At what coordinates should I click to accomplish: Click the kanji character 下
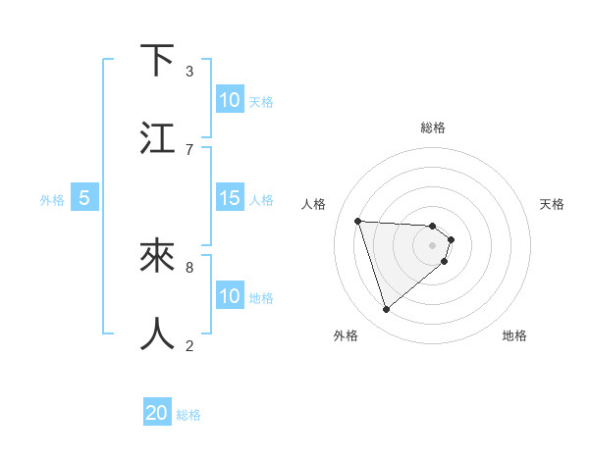coord(158,61)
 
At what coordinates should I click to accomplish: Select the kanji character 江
coord(158,138)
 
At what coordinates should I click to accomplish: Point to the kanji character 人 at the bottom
coord(158,333)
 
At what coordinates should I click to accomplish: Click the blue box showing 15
coord(230,198)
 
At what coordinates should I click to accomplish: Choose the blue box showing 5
coord(84,198)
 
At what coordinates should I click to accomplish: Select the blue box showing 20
coord(157,413)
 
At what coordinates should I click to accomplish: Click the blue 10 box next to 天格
coord(230,100)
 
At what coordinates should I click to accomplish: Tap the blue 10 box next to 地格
coord(230,296)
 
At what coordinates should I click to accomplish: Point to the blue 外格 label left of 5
coord(52,199)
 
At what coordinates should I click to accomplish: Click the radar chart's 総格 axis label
coord(433,128)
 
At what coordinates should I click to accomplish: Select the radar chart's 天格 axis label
coord(552,204)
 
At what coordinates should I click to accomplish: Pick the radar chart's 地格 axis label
coord(514,335)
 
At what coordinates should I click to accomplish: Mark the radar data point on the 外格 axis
coord(386,310)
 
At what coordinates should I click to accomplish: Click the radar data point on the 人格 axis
coord(358,221)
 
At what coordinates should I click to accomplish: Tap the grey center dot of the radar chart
coord(433,244)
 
